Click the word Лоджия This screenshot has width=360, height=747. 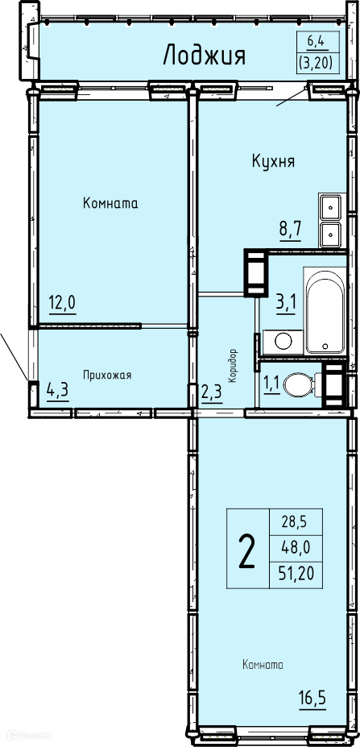tap(205, 56)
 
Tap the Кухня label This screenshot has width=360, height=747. tap(273, 162)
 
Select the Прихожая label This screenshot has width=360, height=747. tap(107, 375)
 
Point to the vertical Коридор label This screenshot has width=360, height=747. tap(233, 365)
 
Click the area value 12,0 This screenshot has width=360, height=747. tap(62, 302)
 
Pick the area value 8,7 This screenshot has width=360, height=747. tap(291, 234)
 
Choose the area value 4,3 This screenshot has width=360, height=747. tap(58, 390)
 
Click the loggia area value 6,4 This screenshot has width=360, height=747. tap(315, 41)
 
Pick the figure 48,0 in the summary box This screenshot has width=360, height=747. tap(296, 548)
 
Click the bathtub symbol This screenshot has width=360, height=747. tap(325, 310)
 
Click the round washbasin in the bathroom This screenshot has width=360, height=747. tap(283, 342)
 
